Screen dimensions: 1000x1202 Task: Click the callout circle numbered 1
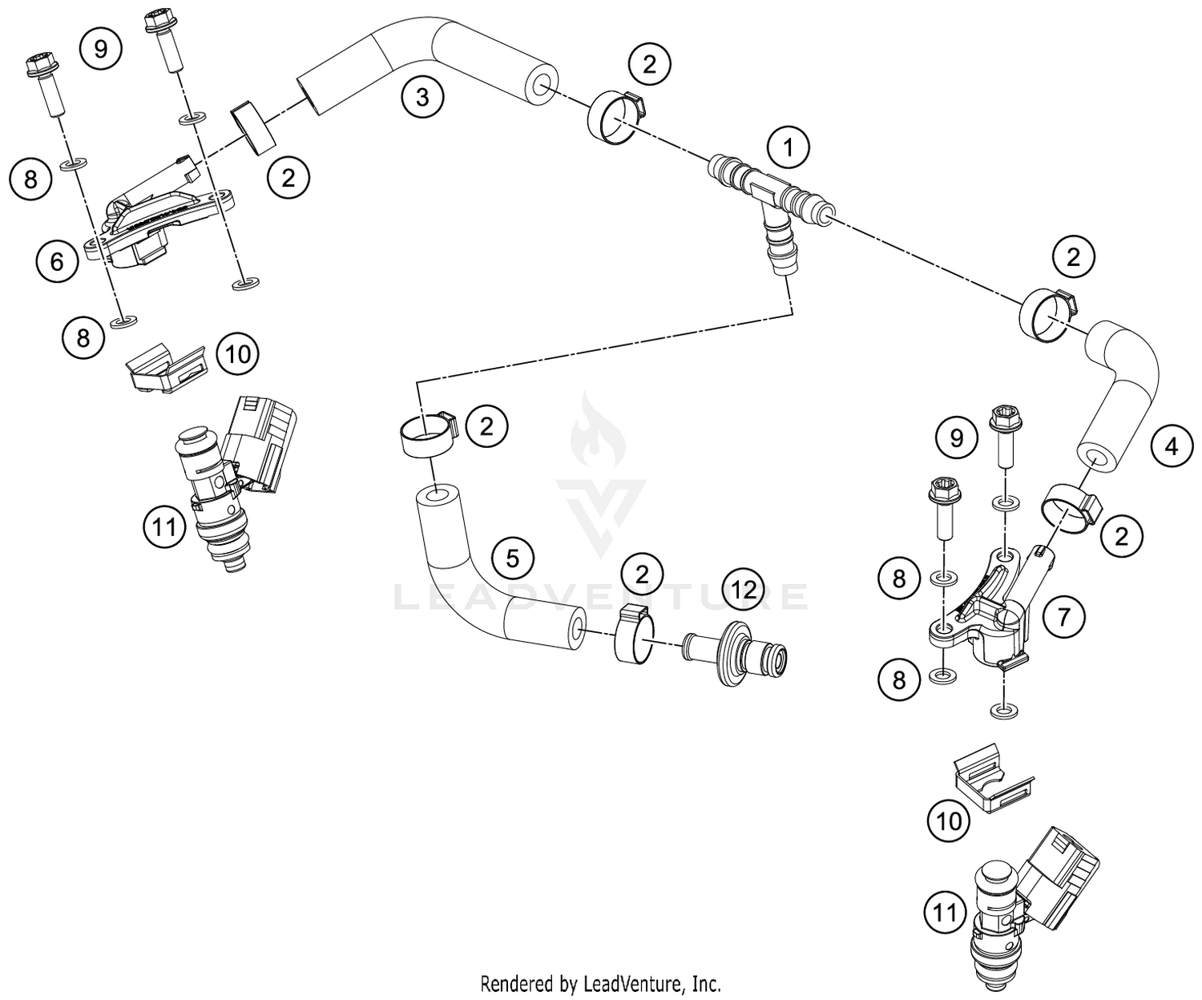point(789,147)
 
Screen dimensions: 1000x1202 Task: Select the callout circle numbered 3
point(422,98)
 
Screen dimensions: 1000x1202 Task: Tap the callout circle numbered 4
point(1172,446)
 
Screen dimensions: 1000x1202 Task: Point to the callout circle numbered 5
point(513,558)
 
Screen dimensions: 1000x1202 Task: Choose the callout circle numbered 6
point(57,261)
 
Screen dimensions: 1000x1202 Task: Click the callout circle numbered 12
point(744,590)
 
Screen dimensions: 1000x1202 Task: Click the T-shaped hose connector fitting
point(765,200)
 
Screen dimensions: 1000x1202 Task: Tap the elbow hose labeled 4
point(1122,393)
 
